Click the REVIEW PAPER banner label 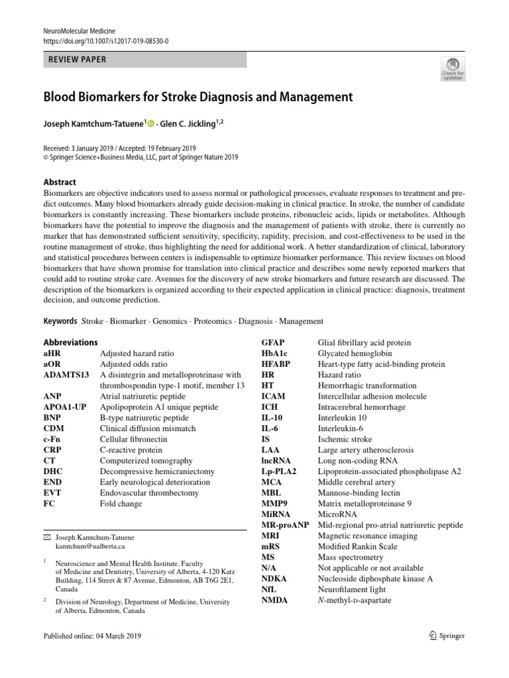(78, 60)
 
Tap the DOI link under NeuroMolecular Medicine (106, 41)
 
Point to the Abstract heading (60, 182)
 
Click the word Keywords (60, 321)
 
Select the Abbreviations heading (70, 342)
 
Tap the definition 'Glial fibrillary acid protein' (365, 342)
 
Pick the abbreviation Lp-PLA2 (279, 471)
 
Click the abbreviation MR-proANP (286, 525)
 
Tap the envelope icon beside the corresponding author (46, 537)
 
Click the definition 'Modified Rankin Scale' (358, 546)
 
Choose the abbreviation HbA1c (275, 354)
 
